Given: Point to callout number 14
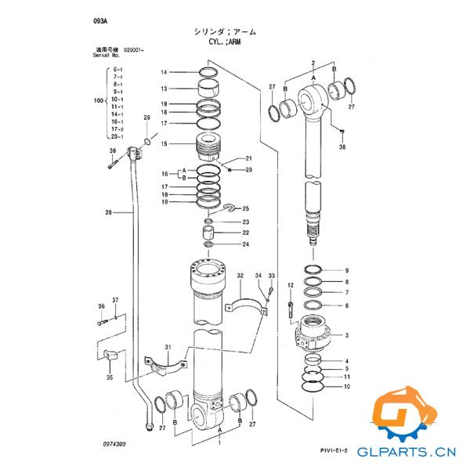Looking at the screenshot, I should point(164,72).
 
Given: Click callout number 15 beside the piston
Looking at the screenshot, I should point(164,144).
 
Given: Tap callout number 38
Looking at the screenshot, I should point(342,146).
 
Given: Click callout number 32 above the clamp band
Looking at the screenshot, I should point(240,276).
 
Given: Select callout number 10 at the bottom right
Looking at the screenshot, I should point(346,387).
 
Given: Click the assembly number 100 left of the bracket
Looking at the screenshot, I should point(98,102).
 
